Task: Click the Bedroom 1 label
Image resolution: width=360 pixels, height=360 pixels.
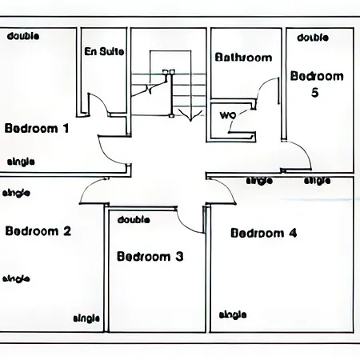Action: (37, 128)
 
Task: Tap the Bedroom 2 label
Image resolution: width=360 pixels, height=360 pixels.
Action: (38, 231)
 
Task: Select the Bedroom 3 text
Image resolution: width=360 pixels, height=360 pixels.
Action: (150, 256)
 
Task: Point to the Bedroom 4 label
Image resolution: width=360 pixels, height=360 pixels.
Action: (264, 233)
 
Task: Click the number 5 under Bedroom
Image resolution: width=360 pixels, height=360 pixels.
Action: (315, 92)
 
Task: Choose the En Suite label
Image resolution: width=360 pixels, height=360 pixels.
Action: (104, 51)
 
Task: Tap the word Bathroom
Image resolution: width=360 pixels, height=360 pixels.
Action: (243, 58)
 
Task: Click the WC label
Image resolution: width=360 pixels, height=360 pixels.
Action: (228, 115)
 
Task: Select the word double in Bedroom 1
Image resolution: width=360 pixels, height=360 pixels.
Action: (23, 36)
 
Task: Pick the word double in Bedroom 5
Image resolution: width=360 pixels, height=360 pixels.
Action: (313, 38)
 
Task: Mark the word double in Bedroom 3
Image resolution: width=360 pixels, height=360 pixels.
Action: (134, 219)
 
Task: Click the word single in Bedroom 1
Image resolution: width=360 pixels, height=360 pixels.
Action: (21, 162)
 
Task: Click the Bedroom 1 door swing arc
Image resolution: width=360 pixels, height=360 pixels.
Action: (106, 154)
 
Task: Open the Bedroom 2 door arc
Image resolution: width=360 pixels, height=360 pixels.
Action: (89, 186)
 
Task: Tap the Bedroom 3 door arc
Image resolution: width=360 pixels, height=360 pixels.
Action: (186, 226)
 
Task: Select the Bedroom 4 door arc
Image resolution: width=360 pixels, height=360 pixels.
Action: (227, 186)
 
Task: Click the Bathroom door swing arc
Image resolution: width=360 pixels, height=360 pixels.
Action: (262, 85)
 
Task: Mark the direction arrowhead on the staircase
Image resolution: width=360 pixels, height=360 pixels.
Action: (190, 115)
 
